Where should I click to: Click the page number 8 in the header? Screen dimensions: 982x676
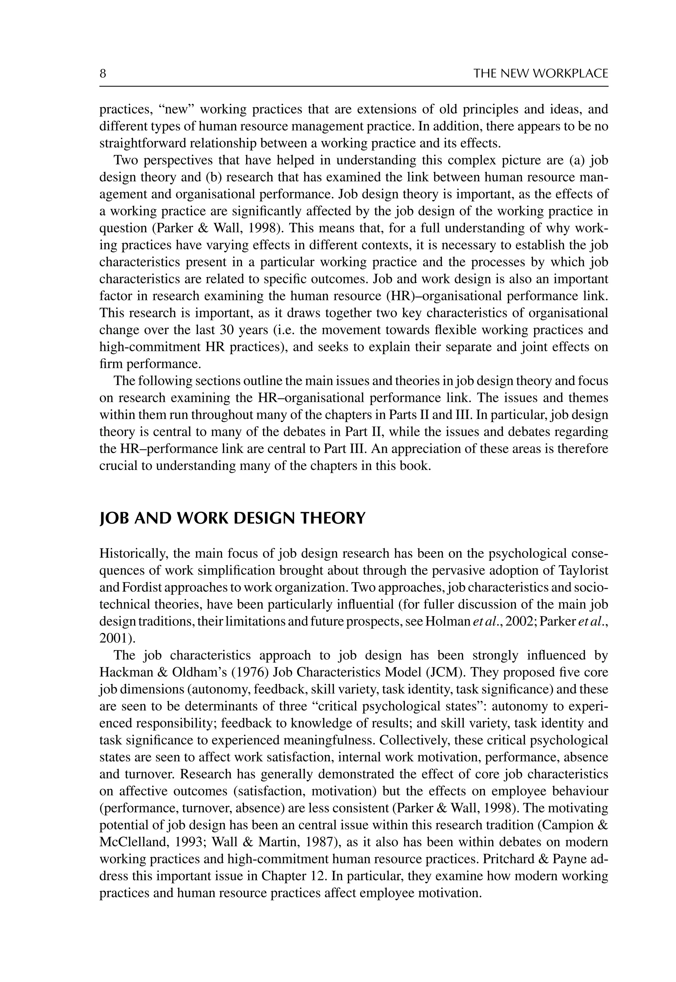103,74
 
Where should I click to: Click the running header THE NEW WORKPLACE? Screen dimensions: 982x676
540,74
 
